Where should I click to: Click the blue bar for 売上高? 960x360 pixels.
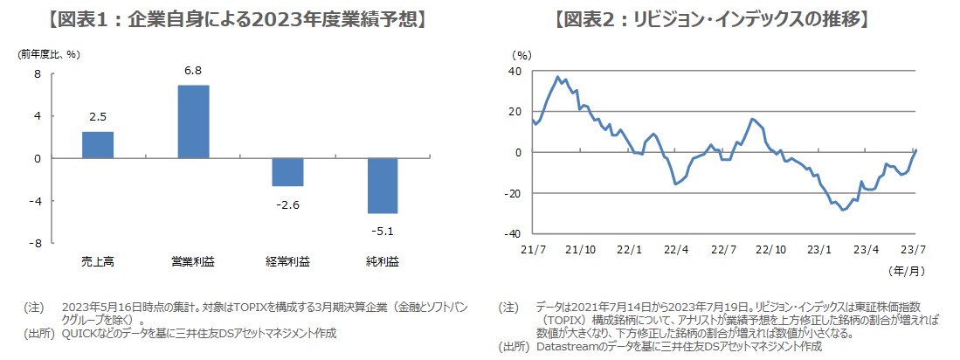tap(97, 145)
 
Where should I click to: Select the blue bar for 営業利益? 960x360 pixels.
tap(193, 121)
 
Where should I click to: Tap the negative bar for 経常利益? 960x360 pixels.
tap(287, 172)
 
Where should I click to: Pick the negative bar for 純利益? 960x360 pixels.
tap(382, 185)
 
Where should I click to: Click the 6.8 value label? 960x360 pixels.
tap(193, 71)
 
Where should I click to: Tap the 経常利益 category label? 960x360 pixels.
tap(287, 260)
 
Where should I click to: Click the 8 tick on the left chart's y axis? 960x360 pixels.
tap(38, 74)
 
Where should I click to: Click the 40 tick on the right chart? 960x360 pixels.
tap(515, 72)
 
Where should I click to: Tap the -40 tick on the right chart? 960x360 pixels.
tap(514, 234)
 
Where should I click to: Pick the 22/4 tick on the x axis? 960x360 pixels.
tap(674, 249)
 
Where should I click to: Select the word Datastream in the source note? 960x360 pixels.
tap(564, 346)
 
